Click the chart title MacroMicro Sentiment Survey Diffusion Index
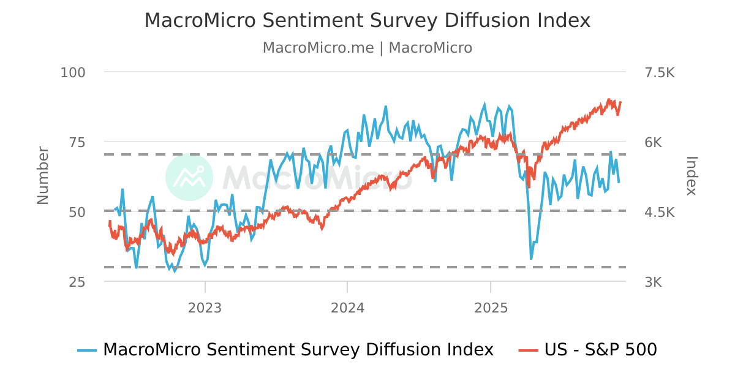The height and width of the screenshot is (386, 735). (367, 20)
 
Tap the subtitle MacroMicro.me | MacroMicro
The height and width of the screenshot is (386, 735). (367, 48)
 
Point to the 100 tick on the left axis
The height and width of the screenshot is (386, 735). (73, 72)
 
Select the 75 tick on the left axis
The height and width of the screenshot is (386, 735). (78, 142)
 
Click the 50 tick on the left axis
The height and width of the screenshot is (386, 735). (78, 212)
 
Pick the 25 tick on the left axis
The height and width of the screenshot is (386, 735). (78, 282)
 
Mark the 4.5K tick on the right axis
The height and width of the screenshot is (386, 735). (659, 212)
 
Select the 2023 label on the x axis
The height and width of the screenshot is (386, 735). (205, 308)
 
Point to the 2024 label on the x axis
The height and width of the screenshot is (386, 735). (347, 308)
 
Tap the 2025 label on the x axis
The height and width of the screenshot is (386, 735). (491, 308)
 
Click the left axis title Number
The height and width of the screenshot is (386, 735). (43, 175)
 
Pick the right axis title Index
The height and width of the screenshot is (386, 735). (692, 175)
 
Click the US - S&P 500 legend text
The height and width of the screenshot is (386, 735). (600, 350)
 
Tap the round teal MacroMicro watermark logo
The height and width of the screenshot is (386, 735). (189, 177)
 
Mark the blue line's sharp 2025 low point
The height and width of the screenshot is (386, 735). (531, 259)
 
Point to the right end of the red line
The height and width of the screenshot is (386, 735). (620, 102)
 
